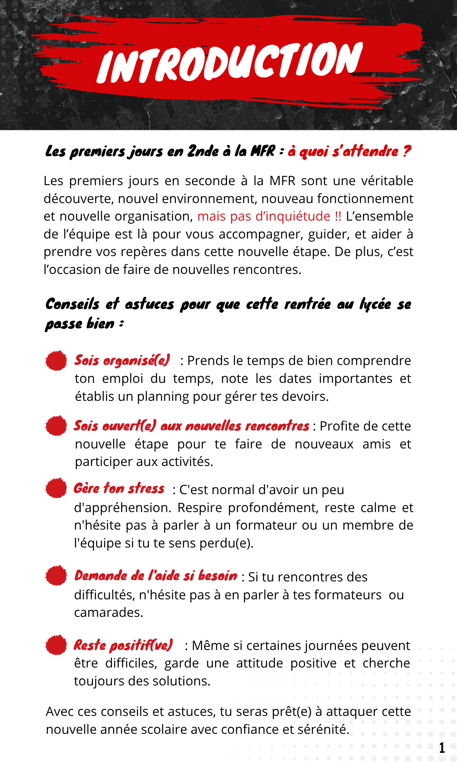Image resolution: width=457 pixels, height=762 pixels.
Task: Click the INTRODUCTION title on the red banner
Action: click(230, 63)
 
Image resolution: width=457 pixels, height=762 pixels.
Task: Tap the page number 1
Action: click(442, 748)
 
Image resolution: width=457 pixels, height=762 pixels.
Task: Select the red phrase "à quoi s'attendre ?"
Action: click(349, 152)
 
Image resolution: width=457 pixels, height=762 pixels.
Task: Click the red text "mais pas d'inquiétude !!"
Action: click(269, 216)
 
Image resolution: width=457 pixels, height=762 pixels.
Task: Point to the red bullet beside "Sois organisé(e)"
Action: click(56, 360)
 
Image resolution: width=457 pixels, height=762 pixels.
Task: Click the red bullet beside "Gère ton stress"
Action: click(56, 488)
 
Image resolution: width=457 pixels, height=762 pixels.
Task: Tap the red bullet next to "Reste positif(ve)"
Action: click(56, 645)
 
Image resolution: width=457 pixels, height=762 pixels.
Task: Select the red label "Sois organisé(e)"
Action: click(122, 360)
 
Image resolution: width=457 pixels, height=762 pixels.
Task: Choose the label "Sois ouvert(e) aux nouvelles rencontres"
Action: click(191, 426)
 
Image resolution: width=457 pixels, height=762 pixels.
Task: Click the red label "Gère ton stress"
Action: click(119, 488)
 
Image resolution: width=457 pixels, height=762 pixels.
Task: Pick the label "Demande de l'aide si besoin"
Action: click(156, 576)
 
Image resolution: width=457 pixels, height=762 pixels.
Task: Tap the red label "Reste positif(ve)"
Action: click(123, 645)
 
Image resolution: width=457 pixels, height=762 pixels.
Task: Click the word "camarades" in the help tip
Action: click(108, 613)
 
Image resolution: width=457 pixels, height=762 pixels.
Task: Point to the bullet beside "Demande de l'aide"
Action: click(56, 575)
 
